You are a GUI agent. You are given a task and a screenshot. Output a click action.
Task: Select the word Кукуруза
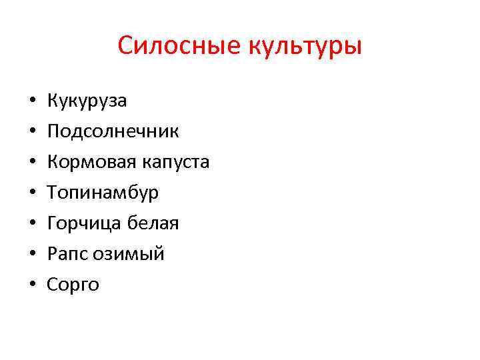pyautogui.click(x=87, y=101)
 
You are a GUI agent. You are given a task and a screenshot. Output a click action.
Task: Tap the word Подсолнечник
pyautogui.click(x=113, y=131)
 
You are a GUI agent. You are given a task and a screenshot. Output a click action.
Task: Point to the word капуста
pyautogui.click(x=175, y=163)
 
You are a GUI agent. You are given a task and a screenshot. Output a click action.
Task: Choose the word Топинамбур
pyautogui.click(x=103, y=193)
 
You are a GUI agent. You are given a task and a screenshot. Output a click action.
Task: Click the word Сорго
pyautogui.click(x=73, y=285)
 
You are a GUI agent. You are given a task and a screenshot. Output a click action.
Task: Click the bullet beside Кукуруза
pyautogui.click(x=31, y=102)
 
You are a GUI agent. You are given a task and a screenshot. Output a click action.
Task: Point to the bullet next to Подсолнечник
pyautogui.click(x=31, y=133)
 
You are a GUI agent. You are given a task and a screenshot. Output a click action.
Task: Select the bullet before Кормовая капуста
pyautogui.click(x=31, y=163)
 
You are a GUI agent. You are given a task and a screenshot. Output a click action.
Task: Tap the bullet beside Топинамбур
pyautogui.click(x=31, y=194)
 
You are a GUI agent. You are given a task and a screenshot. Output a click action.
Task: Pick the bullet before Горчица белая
pyautogui.click(x=31, y=225)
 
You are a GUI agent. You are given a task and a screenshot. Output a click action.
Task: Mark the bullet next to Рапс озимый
pyautogui.click(x=31, y=255)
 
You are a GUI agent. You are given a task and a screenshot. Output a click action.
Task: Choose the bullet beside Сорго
pyautogui.click(x=31, y=286)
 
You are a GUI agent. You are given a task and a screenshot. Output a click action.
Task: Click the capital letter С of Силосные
pyautogui.click(x=126, y=47)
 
